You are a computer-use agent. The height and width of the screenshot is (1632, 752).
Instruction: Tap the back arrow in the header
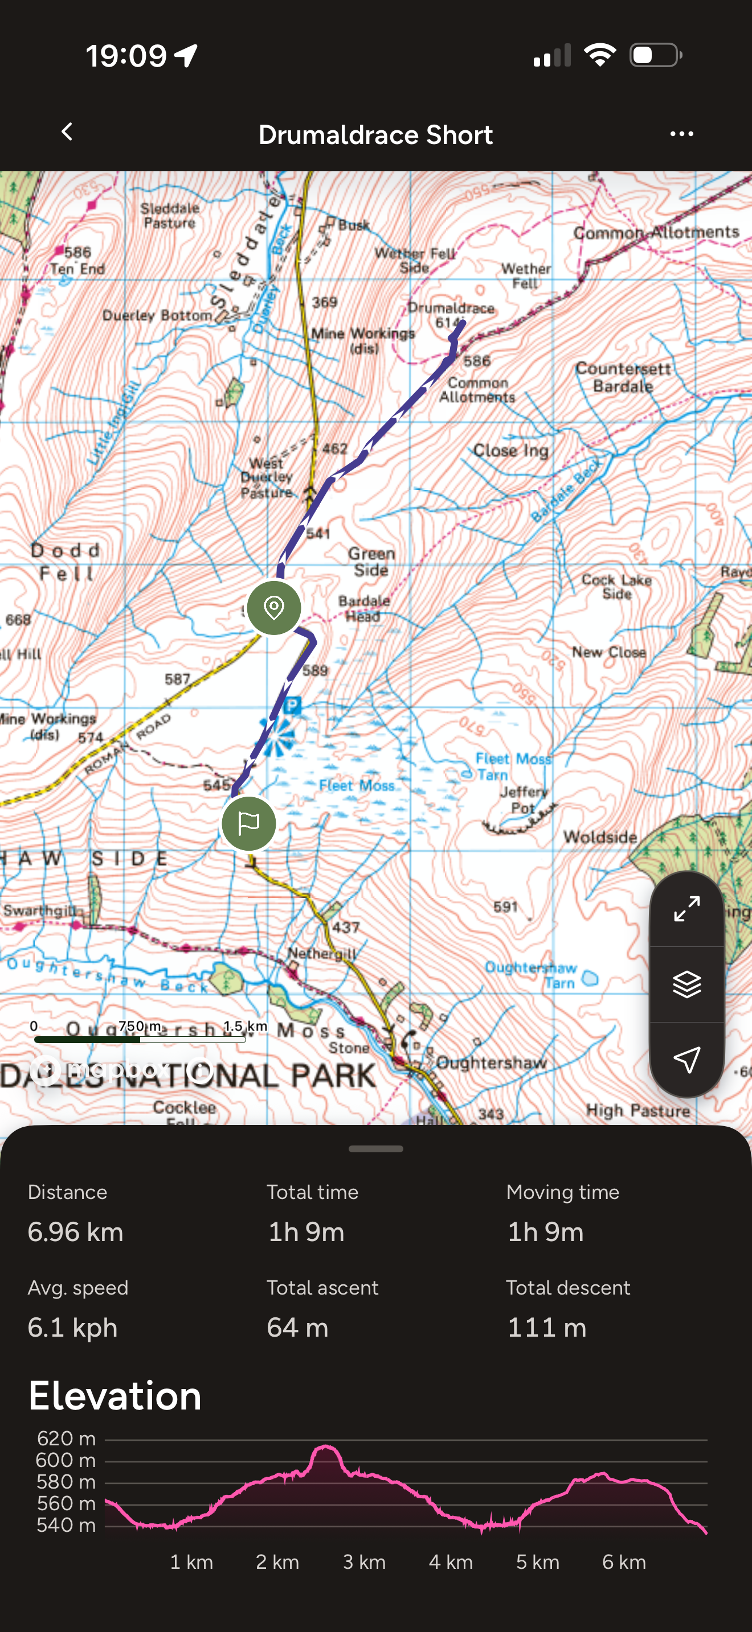click(x=67, y=133)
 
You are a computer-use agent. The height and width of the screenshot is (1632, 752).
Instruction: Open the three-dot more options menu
click(x=681, y=134)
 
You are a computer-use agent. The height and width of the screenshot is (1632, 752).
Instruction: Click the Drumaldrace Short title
click(x=375, y=135)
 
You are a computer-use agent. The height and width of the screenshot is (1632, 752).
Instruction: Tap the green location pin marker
click(x=274, y=608)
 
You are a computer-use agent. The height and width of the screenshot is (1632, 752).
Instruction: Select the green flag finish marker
click(x=248, y=823)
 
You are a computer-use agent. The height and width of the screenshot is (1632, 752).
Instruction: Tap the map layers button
click(x=686, y=984)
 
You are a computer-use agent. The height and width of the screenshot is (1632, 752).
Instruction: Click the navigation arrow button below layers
click(x=686, y=1060)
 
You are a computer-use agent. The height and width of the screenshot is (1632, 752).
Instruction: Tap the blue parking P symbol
click(x=292, y=704)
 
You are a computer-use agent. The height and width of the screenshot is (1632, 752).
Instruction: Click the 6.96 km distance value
click(x=75, y=1232)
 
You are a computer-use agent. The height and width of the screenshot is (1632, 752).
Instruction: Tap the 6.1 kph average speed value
click(x=72, y=1327)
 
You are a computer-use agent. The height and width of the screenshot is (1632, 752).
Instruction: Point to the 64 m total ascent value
click(x=297, y=1327)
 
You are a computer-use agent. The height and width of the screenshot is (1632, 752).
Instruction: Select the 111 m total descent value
click(x=546, y=1327)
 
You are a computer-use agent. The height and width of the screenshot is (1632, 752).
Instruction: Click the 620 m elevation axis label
click(x=66, y=1439)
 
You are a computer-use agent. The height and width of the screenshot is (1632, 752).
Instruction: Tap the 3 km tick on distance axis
click(x=364, y=1561)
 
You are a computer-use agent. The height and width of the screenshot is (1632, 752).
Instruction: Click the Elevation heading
click(x=115, y=1396)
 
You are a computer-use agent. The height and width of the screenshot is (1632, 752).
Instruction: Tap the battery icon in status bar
click(x=655, y=55)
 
